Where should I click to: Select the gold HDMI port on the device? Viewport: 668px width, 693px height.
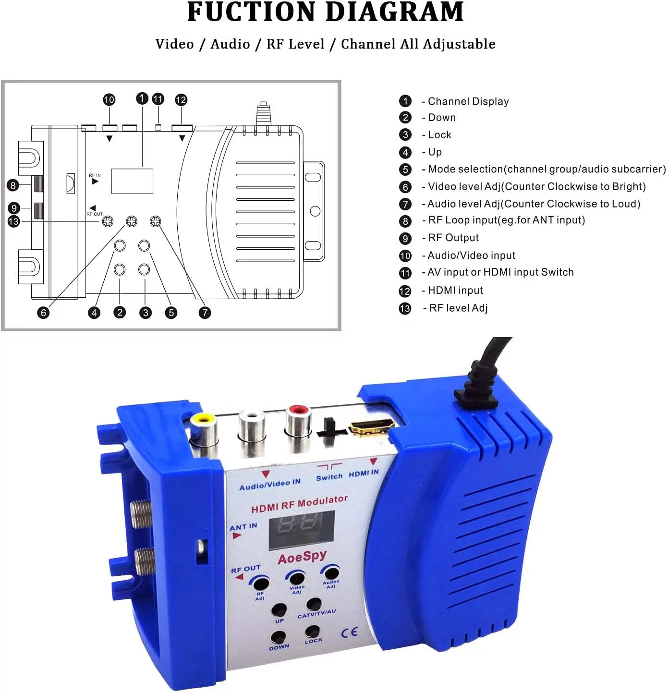372,426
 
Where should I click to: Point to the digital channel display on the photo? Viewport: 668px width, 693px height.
302,530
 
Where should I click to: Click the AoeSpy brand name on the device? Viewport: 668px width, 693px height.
302,557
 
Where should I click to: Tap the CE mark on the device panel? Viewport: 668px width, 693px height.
349,632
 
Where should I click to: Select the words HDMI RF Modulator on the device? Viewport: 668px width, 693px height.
299,504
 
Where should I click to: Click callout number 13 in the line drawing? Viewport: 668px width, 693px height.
13,221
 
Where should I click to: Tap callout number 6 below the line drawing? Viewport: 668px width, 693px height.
43,313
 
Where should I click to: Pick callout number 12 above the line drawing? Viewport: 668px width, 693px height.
181,100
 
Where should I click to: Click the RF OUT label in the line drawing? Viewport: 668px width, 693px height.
94,214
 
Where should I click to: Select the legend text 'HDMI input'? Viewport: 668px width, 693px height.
455,290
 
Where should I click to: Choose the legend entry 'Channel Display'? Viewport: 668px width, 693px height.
468,101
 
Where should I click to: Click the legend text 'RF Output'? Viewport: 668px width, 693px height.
453,238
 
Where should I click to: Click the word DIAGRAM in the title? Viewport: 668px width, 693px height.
395,12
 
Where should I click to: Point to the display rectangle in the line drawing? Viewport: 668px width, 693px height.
132,181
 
